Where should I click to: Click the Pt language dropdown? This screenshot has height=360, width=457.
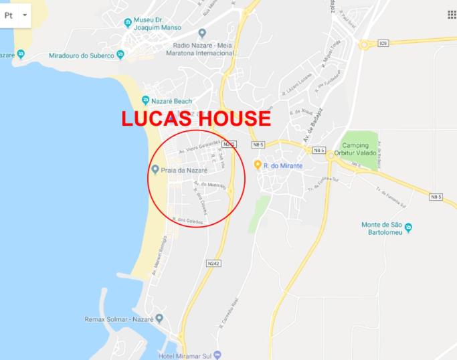click(15, 14)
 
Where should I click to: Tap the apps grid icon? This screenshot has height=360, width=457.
click(451, 15)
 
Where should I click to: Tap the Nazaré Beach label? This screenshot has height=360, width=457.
click(171, 101)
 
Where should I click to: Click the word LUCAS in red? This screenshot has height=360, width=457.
click(160, 119)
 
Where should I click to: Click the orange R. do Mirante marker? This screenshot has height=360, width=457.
click(257, 165)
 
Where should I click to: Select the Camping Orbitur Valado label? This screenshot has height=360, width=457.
click(361, 150)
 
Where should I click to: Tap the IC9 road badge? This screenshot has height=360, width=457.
click(383, 43)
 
